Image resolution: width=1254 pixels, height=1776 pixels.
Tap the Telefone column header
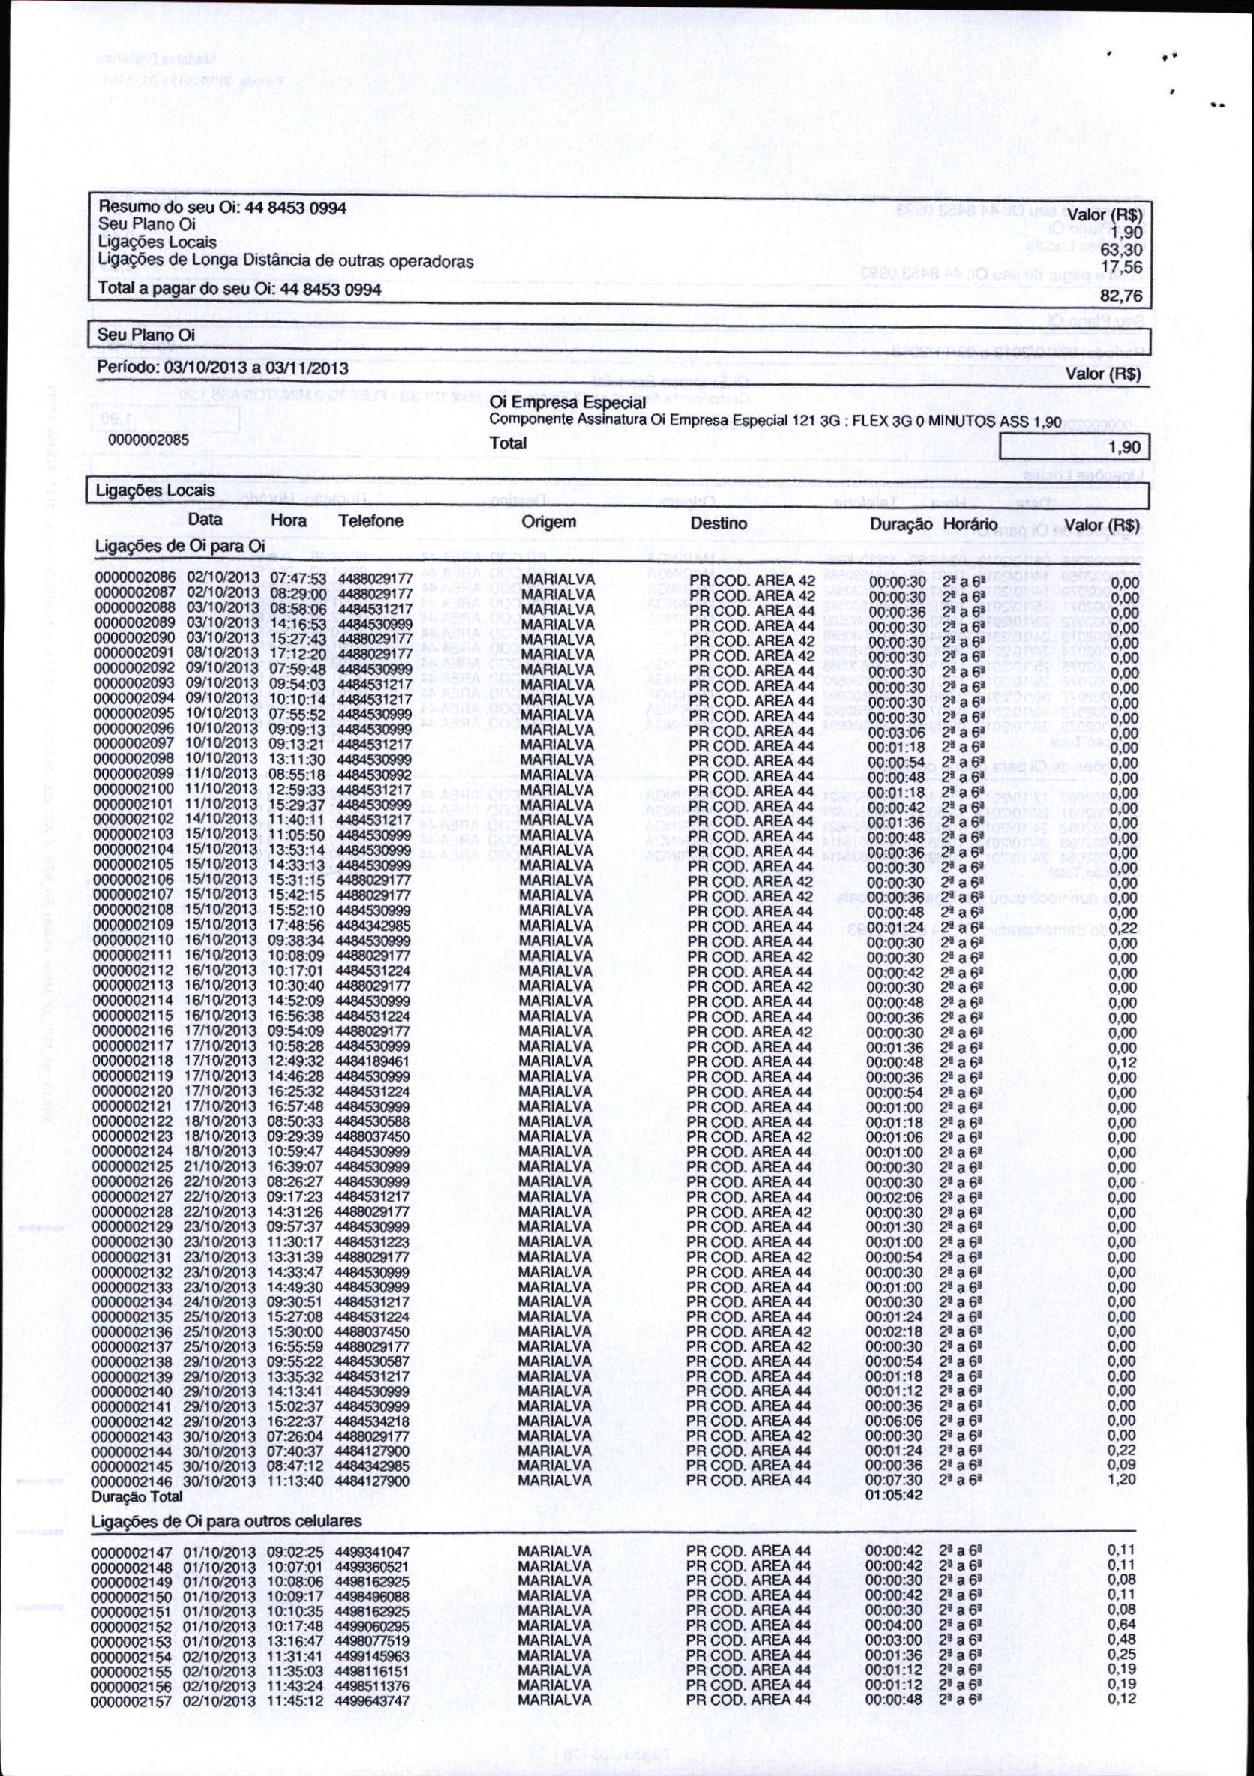pos(370,521)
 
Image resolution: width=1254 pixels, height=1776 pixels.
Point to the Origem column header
pos(548,522)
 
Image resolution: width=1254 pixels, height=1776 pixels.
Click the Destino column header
pos(718,523)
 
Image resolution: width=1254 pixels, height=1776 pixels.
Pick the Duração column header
pos(901,524)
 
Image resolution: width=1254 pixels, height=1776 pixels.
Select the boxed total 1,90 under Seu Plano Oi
pos(1124,448)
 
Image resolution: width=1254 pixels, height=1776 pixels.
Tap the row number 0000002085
pos(148,439)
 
